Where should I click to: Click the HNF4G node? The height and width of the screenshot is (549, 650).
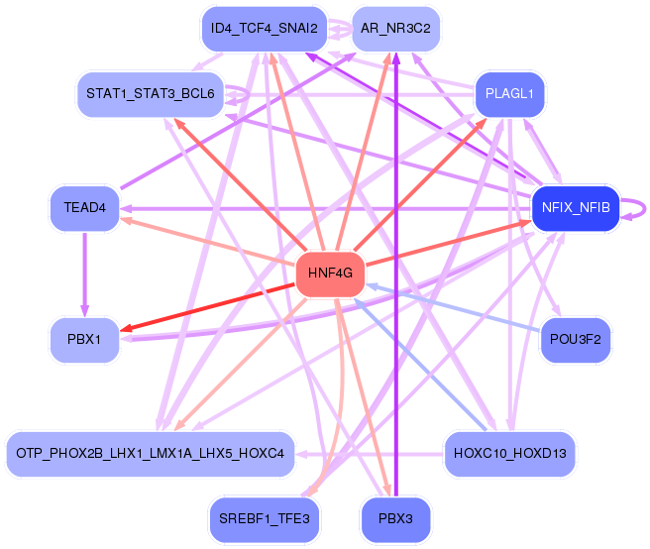click(x=331, y=274)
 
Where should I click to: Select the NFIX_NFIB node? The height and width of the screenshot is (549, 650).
click(x=576, y=208)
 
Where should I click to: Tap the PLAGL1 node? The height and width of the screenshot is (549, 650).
click(x=510, y=95)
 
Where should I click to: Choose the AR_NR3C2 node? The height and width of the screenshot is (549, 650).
click(x=395, y=29)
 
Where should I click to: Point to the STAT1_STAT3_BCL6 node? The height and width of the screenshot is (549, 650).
click(x=151, y=95)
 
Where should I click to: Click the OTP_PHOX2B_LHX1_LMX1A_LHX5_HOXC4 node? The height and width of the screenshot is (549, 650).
click(x=151, y=453)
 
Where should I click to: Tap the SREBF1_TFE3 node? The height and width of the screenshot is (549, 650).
click(x=264, y=518)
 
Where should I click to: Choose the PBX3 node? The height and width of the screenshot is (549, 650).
click(x=395, y=518)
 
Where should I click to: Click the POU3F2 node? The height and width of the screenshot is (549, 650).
click(x=576, y=340)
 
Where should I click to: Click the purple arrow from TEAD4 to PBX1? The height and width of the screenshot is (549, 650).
click(x=85, y=273)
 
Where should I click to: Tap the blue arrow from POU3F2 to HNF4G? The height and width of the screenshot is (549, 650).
click(x=456, y=307)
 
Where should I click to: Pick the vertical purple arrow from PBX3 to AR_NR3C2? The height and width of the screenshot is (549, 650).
click(x=395, y=297)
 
